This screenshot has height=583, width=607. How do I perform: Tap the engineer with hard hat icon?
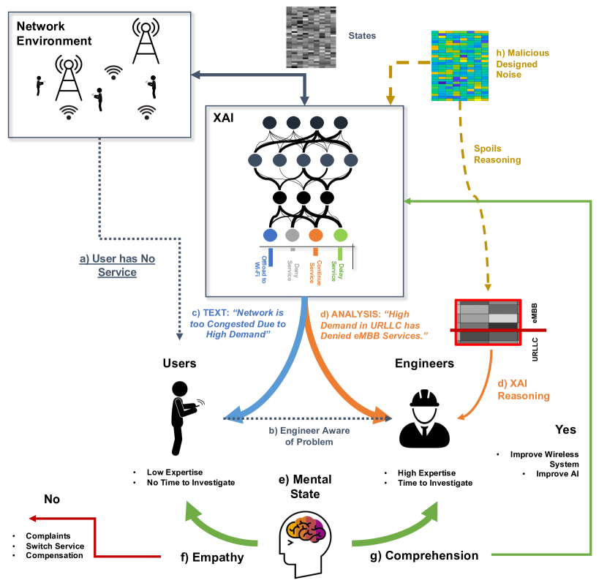coord(424,418)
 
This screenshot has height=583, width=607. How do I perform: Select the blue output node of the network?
coord(270,236)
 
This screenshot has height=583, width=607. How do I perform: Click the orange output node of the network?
coord(316,236)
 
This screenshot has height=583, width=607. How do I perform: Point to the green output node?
coord(340,236)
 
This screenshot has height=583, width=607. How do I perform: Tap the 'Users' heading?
coord(179,363)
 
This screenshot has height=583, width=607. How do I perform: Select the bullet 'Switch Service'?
coord(55,546)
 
